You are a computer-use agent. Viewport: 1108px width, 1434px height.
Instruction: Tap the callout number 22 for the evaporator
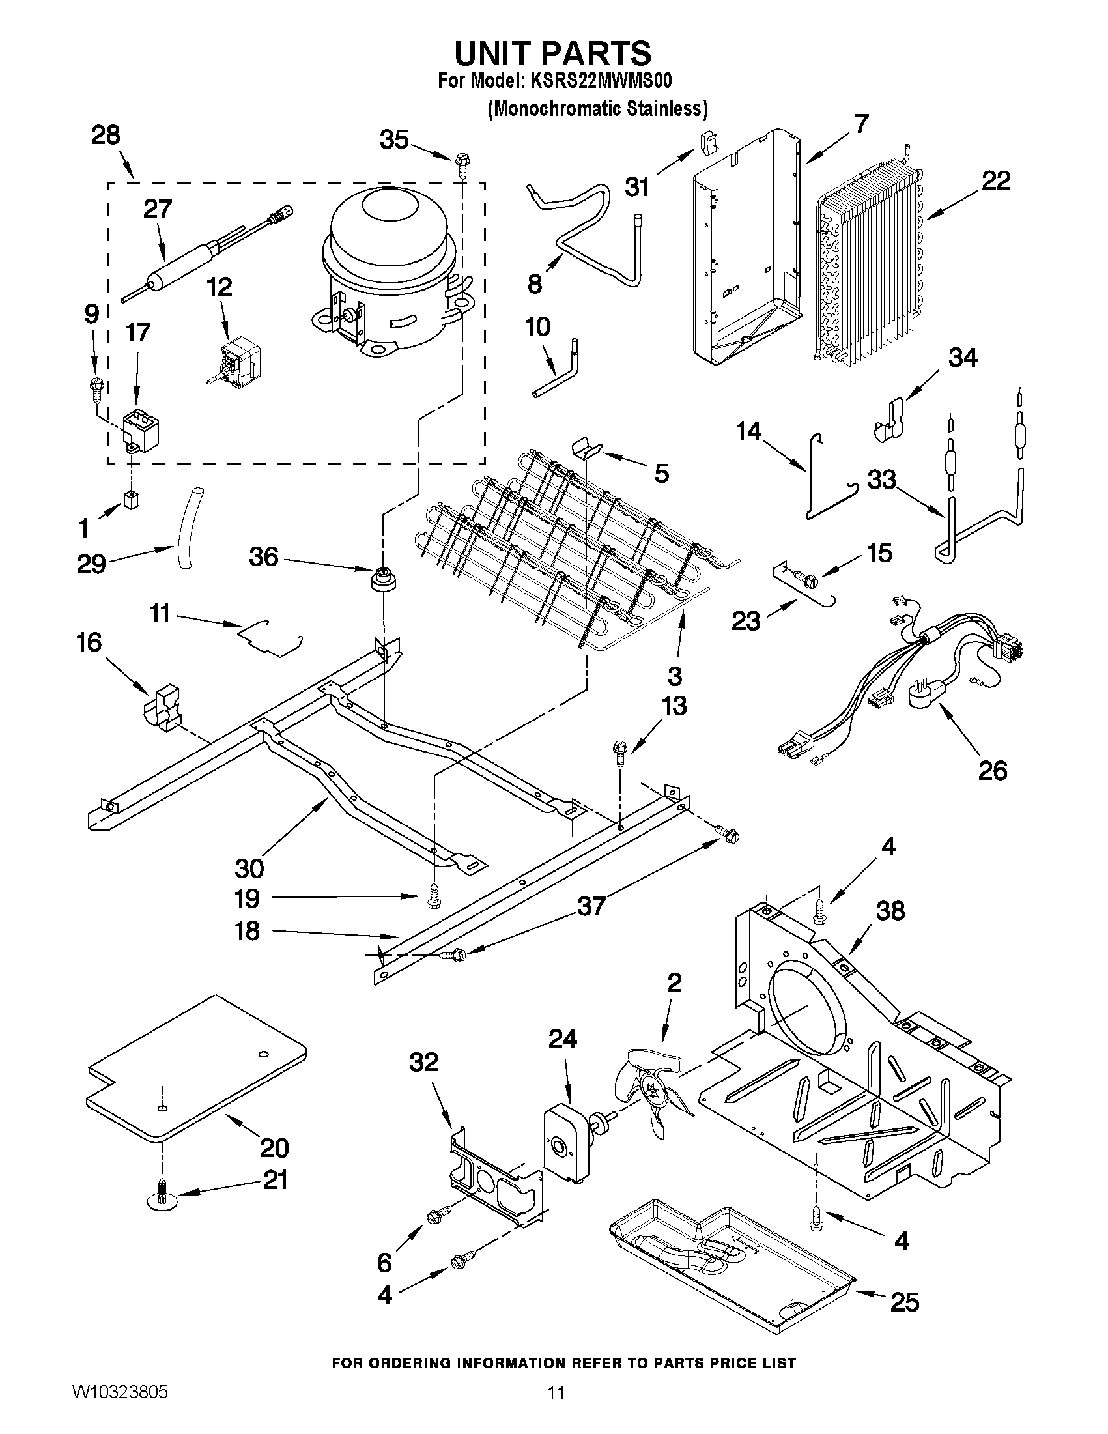pyautogui.click(x=995, y=180)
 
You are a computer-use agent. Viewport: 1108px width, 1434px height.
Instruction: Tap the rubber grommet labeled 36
pyautogui.click(x=380, y=581)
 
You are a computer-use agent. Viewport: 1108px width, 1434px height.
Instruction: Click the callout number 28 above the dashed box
pyautogui.click(x=106, y=136)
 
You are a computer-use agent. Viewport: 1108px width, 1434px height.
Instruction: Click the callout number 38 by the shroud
pyautogui.click(x=890, y=911)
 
